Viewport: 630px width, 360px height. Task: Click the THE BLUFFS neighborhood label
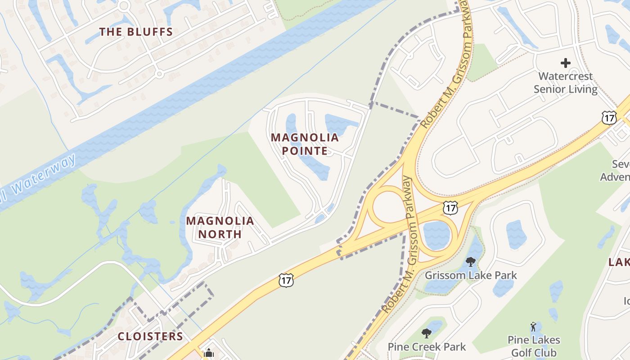(x=136, y=32)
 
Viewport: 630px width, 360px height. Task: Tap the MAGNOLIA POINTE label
(x=305, y=144)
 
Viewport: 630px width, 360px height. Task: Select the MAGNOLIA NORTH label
(x=220, y=227)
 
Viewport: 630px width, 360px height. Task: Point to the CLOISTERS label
(x=150, y=337)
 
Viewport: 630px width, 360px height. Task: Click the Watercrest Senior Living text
(x=566, y=83)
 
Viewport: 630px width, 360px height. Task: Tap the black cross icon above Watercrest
(x=566, y=63)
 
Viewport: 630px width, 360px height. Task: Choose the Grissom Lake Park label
(x=471, y=275)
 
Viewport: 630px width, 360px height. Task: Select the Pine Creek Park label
(x=427, y=347)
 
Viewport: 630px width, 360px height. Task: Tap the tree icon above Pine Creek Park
(x=427, y=333)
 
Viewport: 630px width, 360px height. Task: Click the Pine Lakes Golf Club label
(x=534, y=346)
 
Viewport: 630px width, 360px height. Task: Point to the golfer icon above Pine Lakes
(x=534, y=326)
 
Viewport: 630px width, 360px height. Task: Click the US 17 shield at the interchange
(x=450, y=207)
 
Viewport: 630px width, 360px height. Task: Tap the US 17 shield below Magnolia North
(x=286, y=280)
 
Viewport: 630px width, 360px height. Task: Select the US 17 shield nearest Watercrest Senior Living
(x=609, y=118)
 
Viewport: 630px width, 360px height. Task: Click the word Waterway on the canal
(x=49, y=175)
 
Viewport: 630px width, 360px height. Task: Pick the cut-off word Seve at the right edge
(x=621, y=164)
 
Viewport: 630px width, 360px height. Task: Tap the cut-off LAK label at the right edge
(x=620, y=262)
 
